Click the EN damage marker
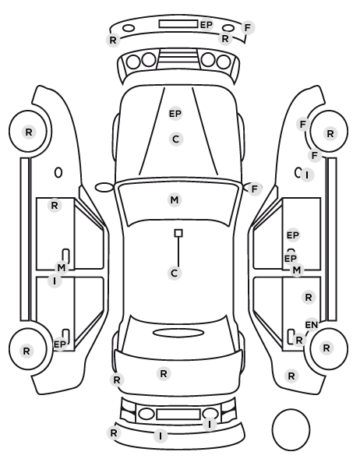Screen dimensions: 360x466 (312, 325)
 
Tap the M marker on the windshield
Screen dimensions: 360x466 (175, 199)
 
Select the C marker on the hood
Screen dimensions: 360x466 (175, 139)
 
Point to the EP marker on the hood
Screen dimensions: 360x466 (175, 114)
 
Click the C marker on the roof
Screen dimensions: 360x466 (175, 273)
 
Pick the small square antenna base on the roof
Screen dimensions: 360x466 (178, 233)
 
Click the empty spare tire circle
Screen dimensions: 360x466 (291, 429)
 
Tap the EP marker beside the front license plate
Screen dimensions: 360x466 (206, 25)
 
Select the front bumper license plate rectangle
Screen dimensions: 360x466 (178, 24)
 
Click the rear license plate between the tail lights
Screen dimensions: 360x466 (178, 414)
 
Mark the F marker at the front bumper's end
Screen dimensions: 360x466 (247, 27)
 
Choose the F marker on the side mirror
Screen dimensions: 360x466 (254, 189)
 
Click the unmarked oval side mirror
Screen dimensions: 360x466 (104, 188)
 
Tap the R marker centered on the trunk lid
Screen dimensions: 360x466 (164, 373)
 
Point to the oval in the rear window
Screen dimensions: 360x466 (178, 333)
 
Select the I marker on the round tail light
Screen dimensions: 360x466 (210, 424)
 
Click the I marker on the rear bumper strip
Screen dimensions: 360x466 (161, 436)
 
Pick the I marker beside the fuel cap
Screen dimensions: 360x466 (307, 175)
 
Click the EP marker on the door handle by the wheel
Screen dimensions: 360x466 (59, 344)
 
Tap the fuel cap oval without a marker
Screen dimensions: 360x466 (58, 172)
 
